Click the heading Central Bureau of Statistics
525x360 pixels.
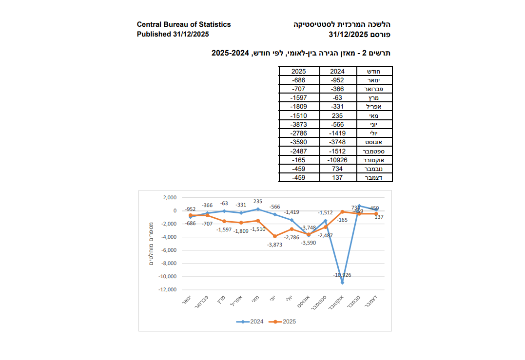point(184,24)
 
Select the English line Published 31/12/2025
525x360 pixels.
point(173,34)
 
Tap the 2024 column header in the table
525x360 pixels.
point(337,71)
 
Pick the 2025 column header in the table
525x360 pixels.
point(298,71)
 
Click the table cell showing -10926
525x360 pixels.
point(337,160)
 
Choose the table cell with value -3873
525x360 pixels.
point(298,124)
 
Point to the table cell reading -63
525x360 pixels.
point(337,97)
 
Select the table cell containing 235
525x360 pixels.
point(337,115)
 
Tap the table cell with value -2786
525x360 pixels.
point(298,133)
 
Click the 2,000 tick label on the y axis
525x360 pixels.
point(170,198)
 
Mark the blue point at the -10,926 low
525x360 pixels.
point(342,283)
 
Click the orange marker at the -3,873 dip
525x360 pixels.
point(275,236)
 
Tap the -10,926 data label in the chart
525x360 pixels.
point(342,275)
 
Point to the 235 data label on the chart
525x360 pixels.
point(258,201)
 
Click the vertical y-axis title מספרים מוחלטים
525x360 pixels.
point(151,244)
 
